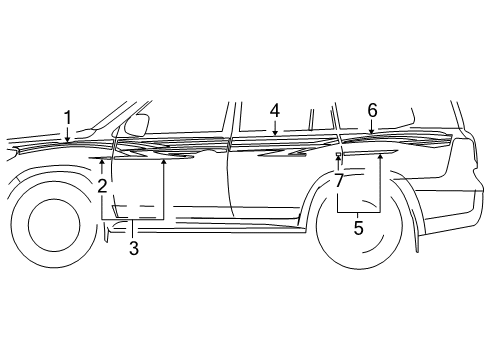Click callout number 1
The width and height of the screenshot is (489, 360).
point(68,118)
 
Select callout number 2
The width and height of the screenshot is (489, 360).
point(102,185)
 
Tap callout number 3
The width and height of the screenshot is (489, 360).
point(132,247)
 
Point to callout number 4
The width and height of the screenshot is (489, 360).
point(274,110)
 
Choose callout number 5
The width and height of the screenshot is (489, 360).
point(357,228)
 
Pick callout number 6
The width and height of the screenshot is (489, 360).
point(371,109)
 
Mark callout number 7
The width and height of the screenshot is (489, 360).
point(339,180)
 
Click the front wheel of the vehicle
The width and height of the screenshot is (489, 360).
point(54,226)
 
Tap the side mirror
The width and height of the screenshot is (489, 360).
point(137,125)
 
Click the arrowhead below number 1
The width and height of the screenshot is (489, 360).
point(68,143)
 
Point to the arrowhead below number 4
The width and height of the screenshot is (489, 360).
point(274,133)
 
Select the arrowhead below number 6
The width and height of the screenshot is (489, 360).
point(371,132)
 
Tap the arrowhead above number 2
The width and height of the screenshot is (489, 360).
point(102,160)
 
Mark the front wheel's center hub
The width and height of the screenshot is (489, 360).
point(54,226)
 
